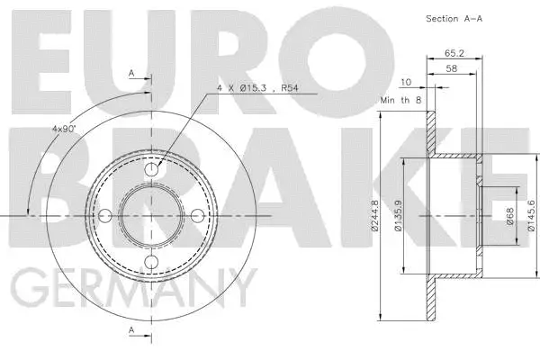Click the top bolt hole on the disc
click(152, 168)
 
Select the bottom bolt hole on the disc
click(152, 262)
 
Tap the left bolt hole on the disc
click(105, 215)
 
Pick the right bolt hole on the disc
click(199, 215)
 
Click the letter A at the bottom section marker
click(131, 331)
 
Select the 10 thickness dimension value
click(407, 83)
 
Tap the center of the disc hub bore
click(152, 215)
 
